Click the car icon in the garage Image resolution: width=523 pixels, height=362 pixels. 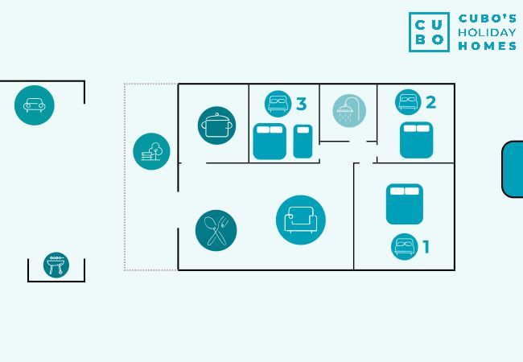[x=34, y=105]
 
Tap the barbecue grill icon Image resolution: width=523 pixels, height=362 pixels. [x=56, y=265]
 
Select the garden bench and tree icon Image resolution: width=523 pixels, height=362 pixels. [x=152, y=150]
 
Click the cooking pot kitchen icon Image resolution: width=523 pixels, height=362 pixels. [x=217, y=125]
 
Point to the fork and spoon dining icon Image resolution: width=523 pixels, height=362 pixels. [x=216, y=230]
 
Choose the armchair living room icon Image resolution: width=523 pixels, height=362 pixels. [x=301, y=220]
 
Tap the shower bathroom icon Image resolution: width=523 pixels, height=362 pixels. [x=349, y=111]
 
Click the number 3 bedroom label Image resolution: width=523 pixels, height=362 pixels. [x=301, y=104]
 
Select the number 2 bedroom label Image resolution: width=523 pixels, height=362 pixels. [x=430, y=102]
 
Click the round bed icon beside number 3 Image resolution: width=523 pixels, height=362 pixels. [x=278, y=103]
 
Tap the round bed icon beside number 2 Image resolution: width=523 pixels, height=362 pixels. [x=409, y=102]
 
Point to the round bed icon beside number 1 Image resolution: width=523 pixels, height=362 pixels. [x=405, y=246]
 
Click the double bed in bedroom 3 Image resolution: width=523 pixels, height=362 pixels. [x=270, y=141]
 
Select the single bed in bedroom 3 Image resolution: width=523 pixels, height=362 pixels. [x=302, y=141]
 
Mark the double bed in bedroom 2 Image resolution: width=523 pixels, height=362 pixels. [x=416, y=140]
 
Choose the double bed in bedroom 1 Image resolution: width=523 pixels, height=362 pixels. [x=404, y=204]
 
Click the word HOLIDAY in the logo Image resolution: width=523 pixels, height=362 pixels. [x=487, y=32]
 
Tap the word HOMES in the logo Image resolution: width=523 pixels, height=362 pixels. [x=487, y=46]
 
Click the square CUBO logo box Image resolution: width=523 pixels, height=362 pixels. [x=429, y=32]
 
